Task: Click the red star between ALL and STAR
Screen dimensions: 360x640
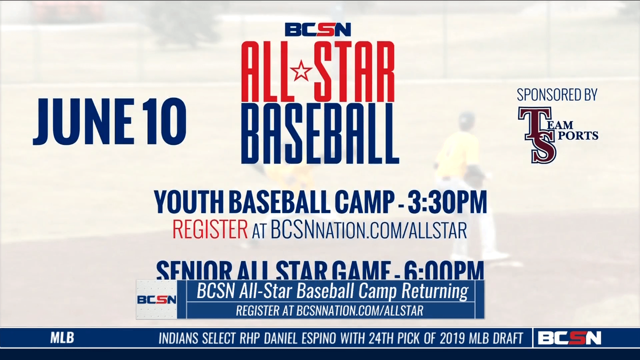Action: click(301, 70)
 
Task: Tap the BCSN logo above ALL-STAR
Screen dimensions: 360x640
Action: click(318, 29)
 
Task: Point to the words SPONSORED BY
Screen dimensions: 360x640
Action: click(557, 95)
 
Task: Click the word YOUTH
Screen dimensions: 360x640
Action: click(188, 202)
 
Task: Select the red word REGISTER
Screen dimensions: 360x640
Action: click(210, 229)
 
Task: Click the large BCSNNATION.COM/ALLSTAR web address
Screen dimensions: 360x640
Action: click(368, 230)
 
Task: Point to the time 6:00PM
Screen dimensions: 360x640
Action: click(443, 271)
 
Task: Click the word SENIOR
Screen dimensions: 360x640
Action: click(193, 271)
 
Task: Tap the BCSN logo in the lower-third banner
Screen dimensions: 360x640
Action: click(157, 300)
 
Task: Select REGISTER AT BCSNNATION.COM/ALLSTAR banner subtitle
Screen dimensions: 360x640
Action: click(329, 311)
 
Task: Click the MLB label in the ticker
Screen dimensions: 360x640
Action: click(62, 338)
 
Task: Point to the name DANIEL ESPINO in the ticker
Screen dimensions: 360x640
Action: click(300, 339)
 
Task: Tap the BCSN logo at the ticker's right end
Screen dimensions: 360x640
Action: click(570, 338)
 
